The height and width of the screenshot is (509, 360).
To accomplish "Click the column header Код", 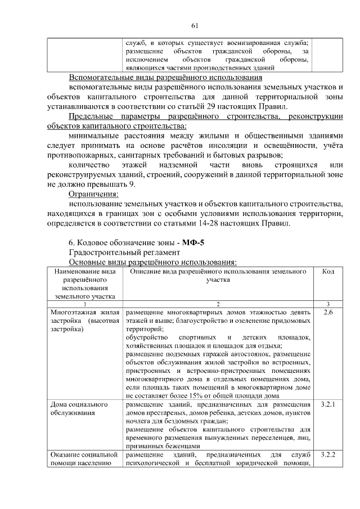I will click(x=328, y=272).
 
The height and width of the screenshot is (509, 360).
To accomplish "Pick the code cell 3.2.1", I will click(x=328, y=404).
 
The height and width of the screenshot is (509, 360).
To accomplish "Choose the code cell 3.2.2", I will click(x=328, y=454).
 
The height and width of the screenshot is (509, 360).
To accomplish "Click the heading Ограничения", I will click(x=89, y=194).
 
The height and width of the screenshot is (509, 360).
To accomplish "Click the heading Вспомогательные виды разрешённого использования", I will click(x=165, y=78).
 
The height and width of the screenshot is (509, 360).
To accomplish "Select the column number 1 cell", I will click(x=85, y=304).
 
